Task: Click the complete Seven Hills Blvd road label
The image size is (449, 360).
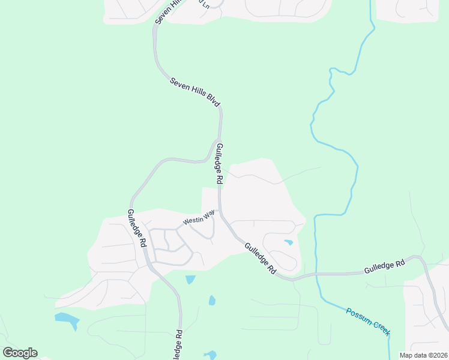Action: coord(195,92)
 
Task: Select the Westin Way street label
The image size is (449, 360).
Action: coord(199,217)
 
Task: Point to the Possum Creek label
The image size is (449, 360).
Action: coord(368,322)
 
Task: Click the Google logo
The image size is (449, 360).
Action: coord(20,353)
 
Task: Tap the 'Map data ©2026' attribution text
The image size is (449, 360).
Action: coord(423,355)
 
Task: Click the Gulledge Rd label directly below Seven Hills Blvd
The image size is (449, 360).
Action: coord(220,164)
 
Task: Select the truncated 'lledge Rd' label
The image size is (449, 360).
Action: coord(177,346)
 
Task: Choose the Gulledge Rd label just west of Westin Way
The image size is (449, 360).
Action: coord(137,229)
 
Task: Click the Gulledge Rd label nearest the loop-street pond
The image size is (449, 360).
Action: coord(260,259)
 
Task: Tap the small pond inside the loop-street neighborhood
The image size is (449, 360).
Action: coord(289,242)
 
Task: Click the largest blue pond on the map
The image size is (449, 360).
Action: coord(67,320)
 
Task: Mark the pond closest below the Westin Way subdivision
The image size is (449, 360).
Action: coord(190,279)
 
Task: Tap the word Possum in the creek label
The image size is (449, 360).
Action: coord(358,316)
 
